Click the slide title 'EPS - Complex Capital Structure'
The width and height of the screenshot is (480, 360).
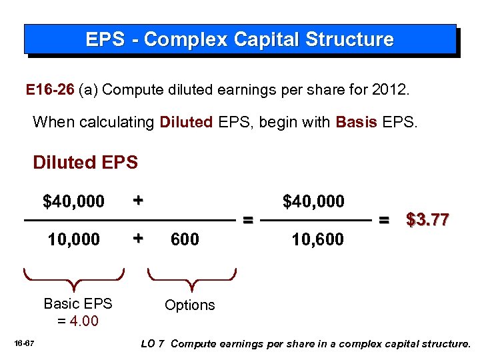tap(239, 39)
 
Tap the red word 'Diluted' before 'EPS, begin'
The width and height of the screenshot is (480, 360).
tap(186, 122)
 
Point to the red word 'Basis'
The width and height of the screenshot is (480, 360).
tap(358, 122)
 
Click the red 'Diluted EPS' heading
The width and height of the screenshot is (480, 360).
tap(85, 162)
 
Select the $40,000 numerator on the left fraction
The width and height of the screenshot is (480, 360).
tap(73, 201)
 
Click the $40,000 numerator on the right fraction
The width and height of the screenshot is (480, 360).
tap(313, 201)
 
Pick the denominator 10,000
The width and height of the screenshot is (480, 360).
tap(74, 239)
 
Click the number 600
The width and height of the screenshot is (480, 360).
tap(185, 239)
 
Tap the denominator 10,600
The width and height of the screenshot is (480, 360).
tap(317, 239)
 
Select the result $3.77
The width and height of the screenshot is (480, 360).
tap(427, 219)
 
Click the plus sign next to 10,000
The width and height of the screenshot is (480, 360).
tap(137, 238)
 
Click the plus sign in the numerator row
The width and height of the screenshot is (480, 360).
tap(137, 200)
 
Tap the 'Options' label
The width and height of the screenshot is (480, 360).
tap(190, 305)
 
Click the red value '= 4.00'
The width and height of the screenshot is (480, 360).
tap(78, 321)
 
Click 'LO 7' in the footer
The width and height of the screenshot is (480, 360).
tap(153, 344)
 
